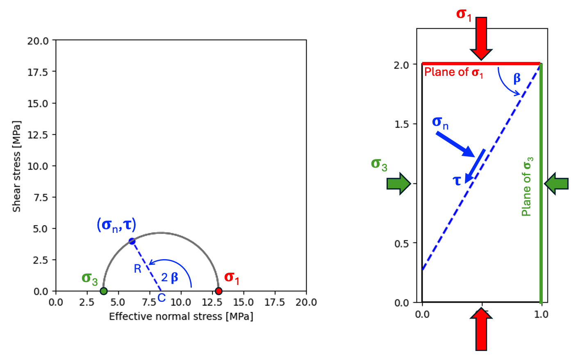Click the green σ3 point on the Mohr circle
click(104, 291)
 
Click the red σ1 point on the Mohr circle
click(218, 291)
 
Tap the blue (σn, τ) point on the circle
click(132, 241)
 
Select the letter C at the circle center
click(162, 298)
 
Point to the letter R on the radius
click(137, 269)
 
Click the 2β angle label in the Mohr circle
click(170, 278)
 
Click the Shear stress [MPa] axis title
click(16, 166)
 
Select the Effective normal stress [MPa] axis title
click(181, 317)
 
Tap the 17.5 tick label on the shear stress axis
click(38, 72)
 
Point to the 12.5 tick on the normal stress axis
click(212, 302)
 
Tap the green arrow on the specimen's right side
click(556, 183)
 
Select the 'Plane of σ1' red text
click(453, 73)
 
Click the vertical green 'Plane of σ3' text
click(527, 187)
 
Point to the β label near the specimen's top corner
click(517, 78)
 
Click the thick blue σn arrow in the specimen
click(455, 144)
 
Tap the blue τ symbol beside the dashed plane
click(457, 180)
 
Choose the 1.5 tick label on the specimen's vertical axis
click(402, 124)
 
